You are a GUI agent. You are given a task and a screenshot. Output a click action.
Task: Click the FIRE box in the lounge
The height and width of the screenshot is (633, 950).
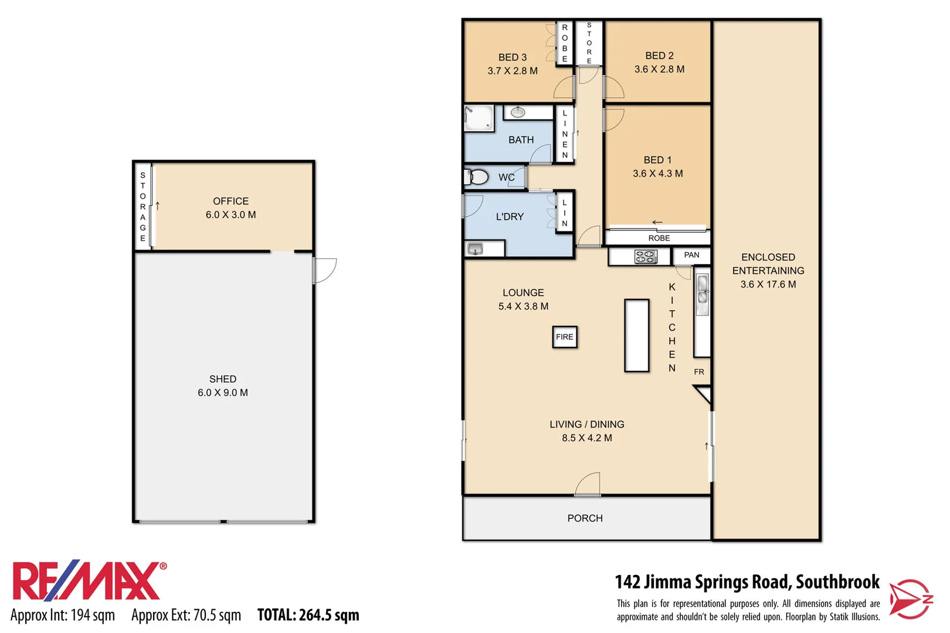coord(564,337)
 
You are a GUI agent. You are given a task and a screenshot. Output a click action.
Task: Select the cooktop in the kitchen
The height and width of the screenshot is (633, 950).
coord(645,256)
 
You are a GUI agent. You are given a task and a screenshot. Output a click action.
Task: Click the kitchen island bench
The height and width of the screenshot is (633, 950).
coord(636,335)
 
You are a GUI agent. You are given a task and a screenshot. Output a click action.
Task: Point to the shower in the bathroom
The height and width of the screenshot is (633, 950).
coord(479,118)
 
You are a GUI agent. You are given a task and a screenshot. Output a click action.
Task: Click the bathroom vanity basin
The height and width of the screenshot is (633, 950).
coord(518,112)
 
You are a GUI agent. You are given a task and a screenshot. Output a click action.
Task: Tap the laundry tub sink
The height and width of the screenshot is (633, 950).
coord(475,249)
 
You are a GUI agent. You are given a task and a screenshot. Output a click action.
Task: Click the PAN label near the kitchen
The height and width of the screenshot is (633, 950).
coord(691,255)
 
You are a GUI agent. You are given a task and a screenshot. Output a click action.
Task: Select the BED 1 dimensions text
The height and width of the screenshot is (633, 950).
coord(657,173)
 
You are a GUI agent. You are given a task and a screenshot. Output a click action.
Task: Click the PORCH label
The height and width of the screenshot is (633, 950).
coord(585,518)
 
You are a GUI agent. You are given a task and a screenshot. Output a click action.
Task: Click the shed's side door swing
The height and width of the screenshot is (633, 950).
coord(324,270)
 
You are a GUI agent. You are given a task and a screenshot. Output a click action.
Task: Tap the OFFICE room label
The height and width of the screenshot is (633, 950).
coord(230,201)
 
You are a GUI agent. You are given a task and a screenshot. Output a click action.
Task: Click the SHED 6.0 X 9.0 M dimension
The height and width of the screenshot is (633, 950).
coord(223,393)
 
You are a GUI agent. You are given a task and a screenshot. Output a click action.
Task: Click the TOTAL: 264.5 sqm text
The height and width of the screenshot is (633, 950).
coord(308,615)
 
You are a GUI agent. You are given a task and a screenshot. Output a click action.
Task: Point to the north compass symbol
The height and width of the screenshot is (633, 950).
coord(910,599)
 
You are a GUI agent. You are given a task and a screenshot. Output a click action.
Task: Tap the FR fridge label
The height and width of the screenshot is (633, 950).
coord(699,372)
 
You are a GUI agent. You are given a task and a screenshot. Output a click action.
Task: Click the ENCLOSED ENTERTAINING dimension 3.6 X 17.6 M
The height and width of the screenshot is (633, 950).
coord(768,284)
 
